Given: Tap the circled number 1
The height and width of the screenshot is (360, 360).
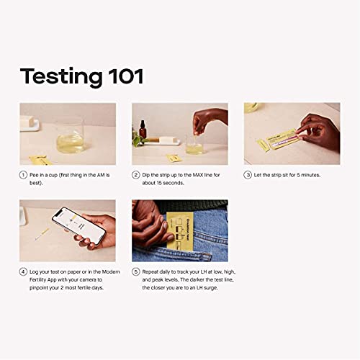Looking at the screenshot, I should pyautogui.click(x=22, y=174).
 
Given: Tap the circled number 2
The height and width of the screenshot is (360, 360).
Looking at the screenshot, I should pyautogui.click(x=135, y=174).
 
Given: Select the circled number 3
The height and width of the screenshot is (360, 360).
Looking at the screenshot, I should pyautogui.click(x=248, y=174).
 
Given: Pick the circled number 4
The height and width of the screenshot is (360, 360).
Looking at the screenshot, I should pyautogui.click(x=22, y=271).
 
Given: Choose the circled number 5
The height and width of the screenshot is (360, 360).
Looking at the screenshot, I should pyautogui.click(x=135, y=271).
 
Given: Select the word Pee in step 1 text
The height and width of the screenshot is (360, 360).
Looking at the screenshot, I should pyautogui.click(x=35, y=174).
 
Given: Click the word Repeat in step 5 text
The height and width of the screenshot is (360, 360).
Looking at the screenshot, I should pyautogui.click(x=152, y=271).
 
